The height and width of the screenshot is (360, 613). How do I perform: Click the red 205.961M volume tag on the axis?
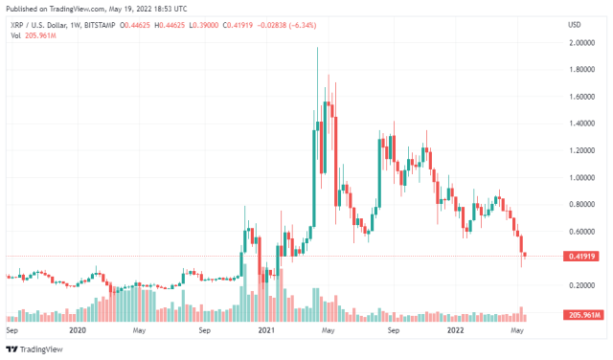point(582,315)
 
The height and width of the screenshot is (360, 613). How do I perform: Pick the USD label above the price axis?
point(575,24)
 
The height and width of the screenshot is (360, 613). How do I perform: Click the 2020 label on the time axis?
point(79,330)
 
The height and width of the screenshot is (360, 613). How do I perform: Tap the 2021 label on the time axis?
point(265,330)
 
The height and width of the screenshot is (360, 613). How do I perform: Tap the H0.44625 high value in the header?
point(215,24)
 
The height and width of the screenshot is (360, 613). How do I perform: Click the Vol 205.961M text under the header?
point(30,34)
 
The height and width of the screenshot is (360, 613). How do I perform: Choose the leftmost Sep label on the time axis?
point(11,330)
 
